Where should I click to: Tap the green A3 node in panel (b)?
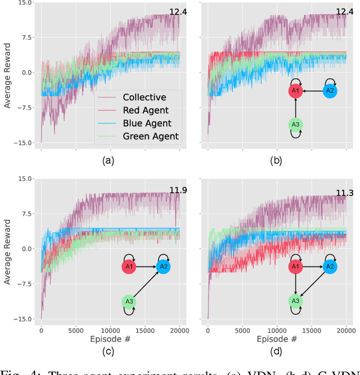coord(295,125)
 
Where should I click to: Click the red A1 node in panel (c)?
coord(129,266)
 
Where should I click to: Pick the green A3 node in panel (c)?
coord(129,301)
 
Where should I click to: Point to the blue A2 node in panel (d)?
coord(330,266)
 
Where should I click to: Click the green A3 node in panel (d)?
coord(295,301)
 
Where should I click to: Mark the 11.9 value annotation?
coord(178,190)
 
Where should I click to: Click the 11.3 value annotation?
coord(345,194)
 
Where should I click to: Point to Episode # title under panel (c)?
coord(110,339)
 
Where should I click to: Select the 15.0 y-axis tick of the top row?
coord(24,3)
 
